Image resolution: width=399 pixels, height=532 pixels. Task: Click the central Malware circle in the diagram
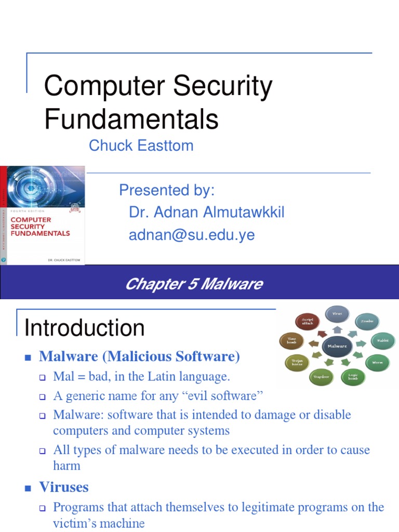pyautogui.click(x=337, y=346)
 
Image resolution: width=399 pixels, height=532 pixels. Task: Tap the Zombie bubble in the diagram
pyautogui.click(x=367, y=322)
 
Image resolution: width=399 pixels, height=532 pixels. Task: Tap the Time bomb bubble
pyautogui.click(x=291, y=340)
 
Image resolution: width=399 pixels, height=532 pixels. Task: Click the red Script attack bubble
pyautogui.click(x=308, y=322)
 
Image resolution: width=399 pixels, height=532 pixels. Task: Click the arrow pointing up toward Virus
pyautogui.click(x=337, y=330)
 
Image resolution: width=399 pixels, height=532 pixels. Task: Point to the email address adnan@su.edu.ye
pyautogui.click(x=192, y=235)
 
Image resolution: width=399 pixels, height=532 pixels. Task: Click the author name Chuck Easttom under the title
pyautogui.click(x=141, y=145)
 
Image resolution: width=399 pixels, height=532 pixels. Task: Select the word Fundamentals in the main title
pyautogui.click(x=131, y=119)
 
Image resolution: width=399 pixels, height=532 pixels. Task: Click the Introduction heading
pyautogui.click(x=85, y=328)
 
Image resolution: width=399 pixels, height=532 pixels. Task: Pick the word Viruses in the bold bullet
pyautogui.click(x=64, y=487)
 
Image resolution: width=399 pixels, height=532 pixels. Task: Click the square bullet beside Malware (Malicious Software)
pyautogui.click(x=29, y=357)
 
